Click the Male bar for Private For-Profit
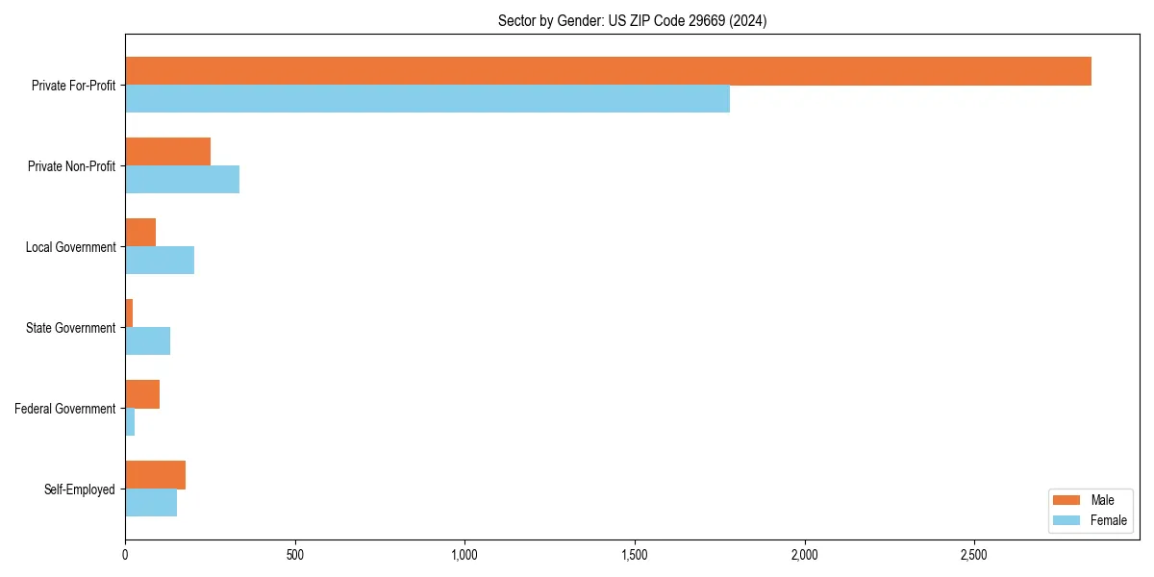coord(608,71)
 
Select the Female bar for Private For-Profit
coord(427,99)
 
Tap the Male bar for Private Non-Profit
coord(167,152)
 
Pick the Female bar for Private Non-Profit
coord(182,180)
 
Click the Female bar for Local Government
coord(160,261)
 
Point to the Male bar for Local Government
coord(140,233)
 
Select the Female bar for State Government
coord(147,341)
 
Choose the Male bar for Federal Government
coord(142,394)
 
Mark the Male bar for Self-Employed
coord(155,475)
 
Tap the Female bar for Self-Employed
coord(151,503)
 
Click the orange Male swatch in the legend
coord(1067,500)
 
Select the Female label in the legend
coord(1108,520)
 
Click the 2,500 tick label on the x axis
coord(974,556)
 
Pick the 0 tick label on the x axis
coord(125,556)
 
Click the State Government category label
coord(70,328)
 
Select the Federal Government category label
coord(65,409)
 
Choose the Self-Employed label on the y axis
coord(80,489)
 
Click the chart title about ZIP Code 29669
coord(632,20)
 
